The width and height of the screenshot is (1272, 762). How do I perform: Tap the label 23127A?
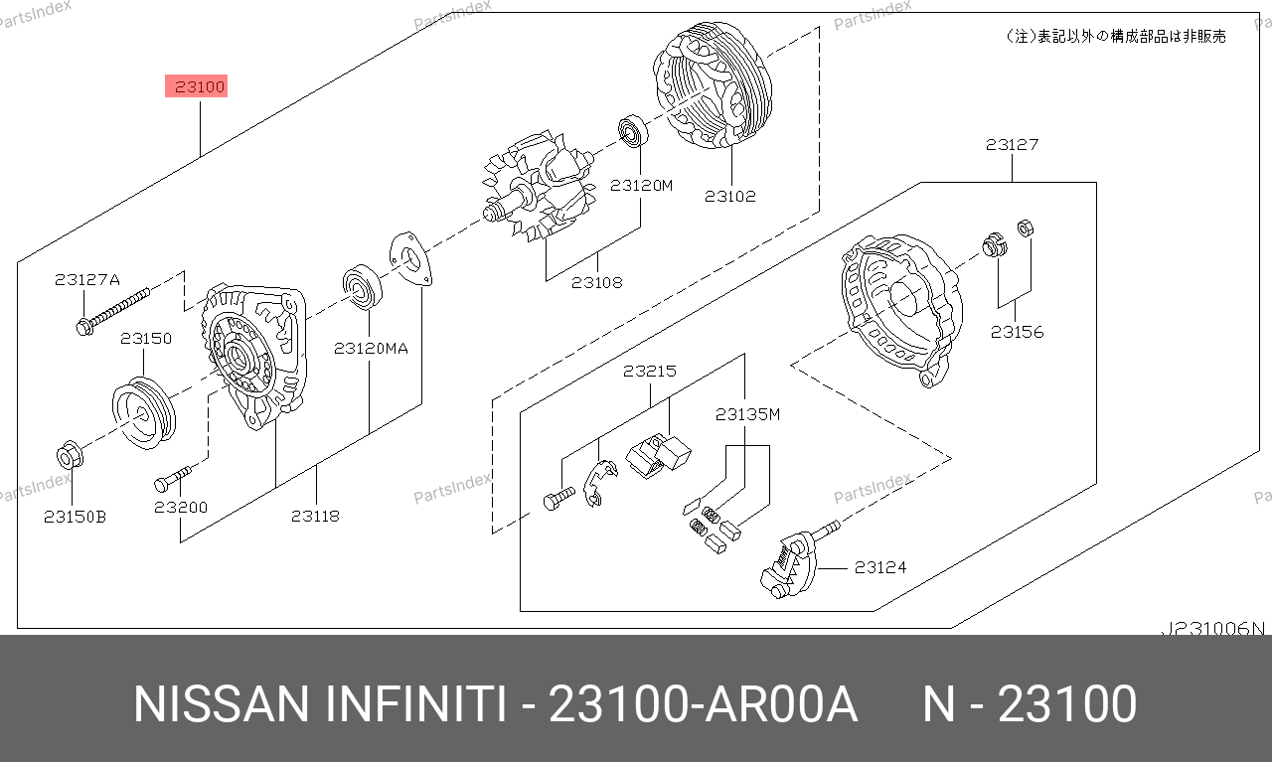(x=87, y=279)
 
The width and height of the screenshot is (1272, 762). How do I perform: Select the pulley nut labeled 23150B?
(x=70, y=455)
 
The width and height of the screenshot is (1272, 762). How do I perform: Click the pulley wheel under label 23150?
(x=144, y=413)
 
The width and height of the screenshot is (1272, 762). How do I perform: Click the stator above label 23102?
(x=713, y=85)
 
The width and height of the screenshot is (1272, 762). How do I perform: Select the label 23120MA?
(x=371, y=348)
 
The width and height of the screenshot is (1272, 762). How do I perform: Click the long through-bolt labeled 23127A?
(x=113, y=312)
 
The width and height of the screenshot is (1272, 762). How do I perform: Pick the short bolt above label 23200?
(x=173, y=479)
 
